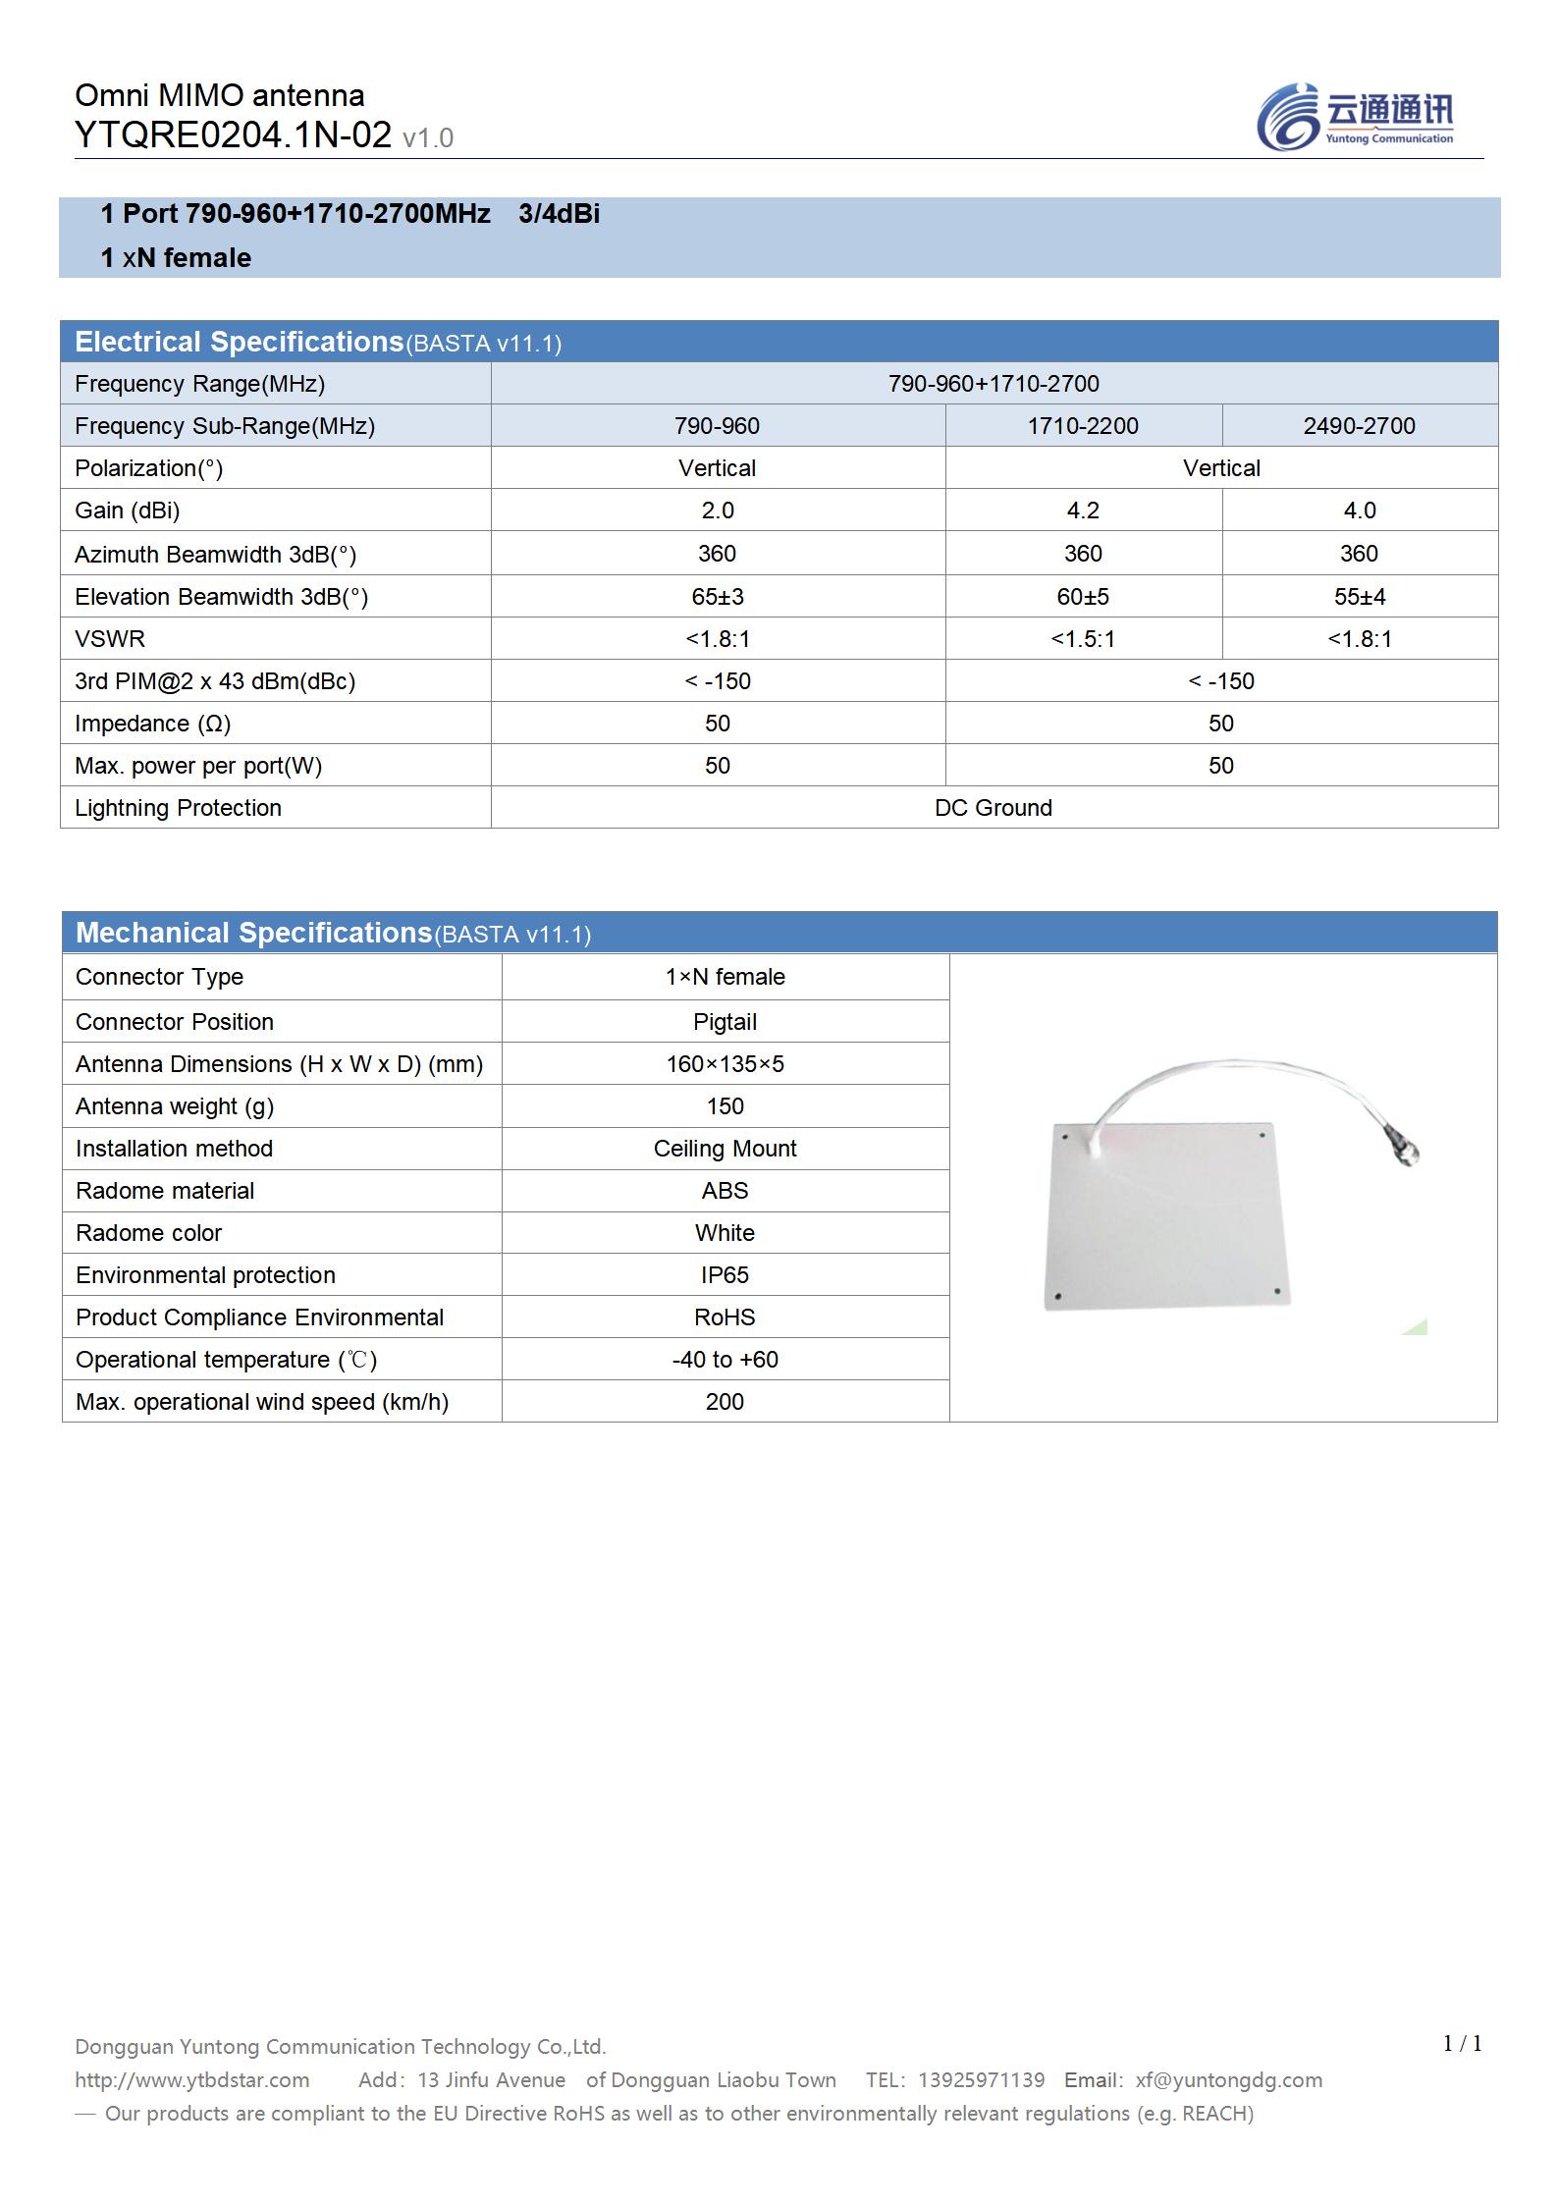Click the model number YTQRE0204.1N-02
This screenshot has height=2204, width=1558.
[x=233, y=135]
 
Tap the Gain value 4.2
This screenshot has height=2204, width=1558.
[x=1083, y=511]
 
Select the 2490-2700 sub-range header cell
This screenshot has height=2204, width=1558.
[x=1359, y=426]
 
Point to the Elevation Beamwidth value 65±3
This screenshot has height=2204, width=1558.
[x=717, y=597]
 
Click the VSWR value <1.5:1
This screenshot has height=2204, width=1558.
[x=1083, y=639]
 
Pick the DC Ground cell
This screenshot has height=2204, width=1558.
[x=994, y=808]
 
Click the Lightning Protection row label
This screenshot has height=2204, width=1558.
[x=178, y=808]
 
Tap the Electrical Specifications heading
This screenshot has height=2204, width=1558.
[x=239, y=342]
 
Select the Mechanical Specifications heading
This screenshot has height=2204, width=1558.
[x=253, y=933]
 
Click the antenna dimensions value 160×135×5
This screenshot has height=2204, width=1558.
[x=725, y=1064]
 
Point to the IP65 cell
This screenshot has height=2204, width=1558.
[x=725, y=1275]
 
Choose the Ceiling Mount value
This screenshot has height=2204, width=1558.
[x=725, y=1149]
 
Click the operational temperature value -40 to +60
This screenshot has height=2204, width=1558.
[x=725, y=1360]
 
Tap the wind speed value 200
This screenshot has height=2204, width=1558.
[x=725, y=1402]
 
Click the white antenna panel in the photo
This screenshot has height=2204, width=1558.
[x=1165, y=1217]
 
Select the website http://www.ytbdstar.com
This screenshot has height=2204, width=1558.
[x=192, y=2079]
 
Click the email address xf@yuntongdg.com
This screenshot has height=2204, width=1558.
[x=1228, y=2079]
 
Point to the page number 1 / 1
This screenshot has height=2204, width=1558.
[x=1462, y=2043]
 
